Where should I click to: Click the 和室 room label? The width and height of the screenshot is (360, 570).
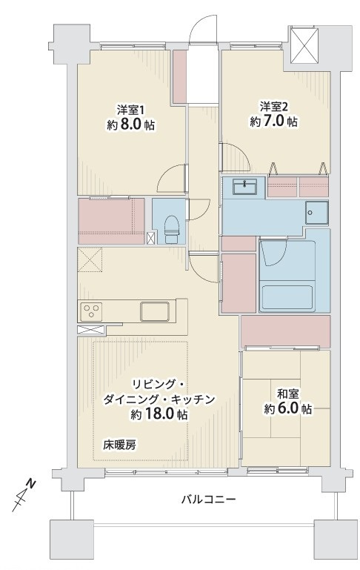pos(288,393)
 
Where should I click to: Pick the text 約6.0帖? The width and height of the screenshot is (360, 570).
pos(288,409)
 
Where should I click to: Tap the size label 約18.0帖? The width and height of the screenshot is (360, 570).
pos(159,414)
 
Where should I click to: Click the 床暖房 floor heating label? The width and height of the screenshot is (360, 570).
pos(119,444)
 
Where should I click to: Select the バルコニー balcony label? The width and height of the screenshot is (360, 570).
pos(209,500)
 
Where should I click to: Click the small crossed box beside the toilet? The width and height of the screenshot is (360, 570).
pos(151,238)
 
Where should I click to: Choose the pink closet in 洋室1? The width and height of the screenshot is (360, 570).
pos(110,220)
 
